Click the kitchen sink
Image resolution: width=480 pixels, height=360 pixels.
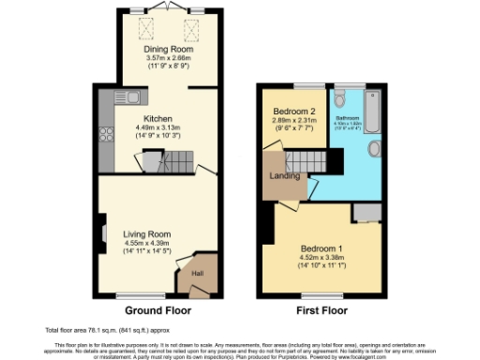[134, 96]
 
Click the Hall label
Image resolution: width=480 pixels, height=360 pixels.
[198, 273]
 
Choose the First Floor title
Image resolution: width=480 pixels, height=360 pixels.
[321, 310]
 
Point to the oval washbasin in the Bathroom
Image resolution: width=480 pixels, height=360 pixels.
[375, 148]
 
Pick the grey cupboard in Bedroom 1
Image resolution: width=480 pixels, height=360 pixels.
[368, 215]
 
